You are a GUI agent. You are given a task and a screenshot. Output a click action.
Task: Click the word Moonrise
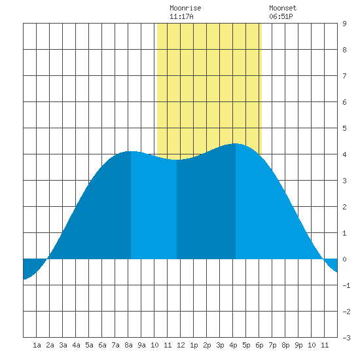click(185, 8)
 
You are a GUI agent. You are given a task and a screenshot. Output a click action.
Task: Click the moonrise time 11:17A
click(181, 16)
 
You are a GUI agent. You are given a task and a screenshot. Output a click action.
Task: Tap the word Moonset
click(283, 8)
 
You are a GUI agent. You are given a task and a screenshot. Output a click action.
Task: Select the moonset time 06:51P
click(281, 16)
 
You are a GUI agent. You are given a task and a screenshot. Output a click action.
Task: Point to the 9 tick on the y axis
click(344, 24)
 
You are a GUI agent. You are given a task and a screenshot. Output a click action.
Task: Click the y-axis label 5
click(344, 128)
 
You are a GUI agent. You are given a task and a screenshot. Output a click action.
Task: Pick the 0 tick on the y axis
click(344, 259)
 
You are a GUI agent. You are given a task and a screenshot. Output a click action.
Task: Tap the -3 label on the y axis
click(346, 338)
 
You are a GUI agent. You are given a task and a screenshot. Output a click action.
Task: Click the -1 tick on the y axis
click(346, 285)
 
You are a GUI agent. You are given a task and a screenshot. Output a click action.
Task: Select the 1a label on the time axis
click(37, 345)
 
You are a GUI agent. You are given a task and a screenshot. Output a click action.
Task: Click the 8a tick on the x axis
click(128, 345)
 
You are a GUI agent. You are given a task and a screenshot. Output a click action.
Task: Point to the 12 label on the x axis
click(181, 345)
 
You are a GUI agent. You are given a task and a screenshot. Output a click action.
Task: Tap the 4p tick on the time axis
click(233, 345)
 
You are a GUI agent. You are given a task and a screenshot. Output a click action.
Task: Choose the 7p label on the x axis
click(272, 345)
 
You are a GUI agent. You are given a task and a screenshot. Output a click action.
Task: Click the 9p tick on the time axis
click(298, 345)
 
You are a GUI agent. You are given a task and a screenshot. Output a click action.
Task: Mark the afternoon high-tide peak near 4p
click(236, 144)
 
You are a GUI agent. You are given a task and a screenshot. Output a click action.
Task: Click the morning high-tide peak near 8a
click(131, 152)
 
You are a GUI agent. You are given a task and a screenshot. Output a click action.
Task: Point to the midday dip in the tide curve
click(177, 160)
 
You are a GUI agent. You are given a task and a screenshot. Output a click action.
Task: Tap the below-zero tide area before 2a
click(32, 266)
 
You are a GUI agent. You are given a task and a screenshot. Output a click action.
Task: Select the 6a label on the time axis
click(102, 345)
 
